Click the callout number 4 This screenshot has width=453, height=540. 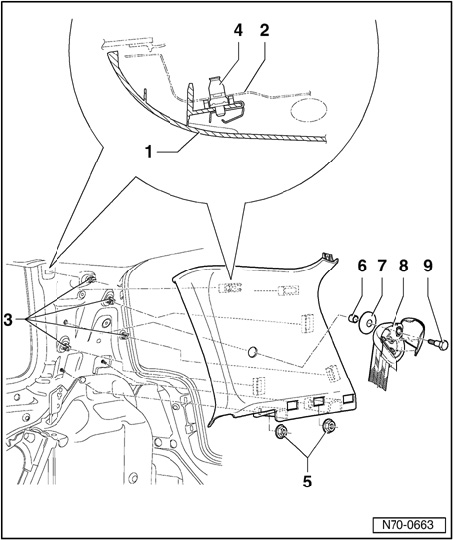(238, 31)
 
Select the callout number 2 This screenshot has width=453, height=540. (264, 31)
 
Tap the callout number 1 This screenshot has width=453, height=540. (149, 152)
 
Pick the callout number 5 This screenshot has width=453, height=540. (307, 481)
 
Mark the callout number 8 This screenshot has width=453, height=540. (403, 266)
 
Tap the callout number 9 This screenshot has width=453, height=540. (428, 266)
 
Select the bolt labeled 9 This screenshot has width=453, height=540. (439, 344)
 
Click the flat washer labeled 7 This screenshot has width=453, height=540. (367, 322)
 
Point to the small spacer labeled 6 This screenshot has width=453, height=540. (352, 318)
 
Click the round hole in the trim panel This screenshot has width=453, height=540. (253, 352)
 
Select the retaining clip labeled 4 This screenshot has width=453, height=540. (219, 97)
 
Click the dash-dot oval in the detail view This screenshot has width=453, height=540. (309, 110)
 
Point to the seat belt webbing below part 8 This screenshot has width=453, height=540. (383, 368)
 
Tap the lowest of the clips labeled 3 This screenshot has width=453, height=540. (65, 345)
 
